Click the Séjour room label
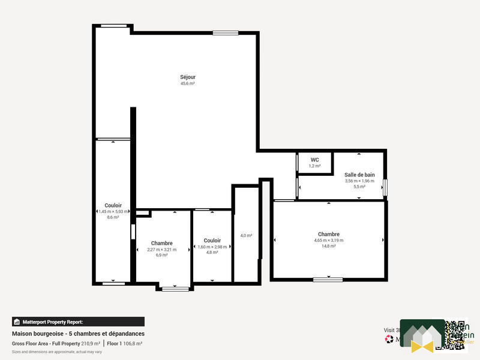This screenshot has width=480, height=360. (188, 77)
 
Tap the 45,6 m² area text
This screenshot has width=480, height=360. (188, 84)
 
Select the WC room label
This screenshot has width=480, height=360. (314, 160)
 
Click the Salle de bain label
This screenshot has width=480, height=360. (359, 175)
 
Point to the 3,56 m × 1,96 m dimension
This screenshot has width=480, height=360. (359, 181)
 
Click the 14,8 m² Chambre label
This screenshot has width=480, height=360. (329, 234)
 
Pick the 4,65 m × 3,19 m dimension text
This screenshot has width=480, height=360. (329, 241)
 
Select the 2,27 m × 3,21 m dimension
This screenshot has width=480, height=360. (162, 250)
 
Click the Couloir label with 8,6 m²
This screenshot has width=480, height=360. (113, 205)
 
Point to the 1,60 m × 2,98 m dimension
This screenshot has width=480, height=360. (212, 247)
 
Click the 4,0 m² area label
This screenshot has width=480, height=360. (246, 236)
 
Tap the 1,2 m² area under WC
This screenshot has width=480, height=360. (314, 166)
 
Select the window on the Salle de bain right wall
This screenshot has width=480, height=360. (385, 187)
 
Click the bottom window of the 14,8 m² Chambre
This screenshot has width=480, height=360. (328, 280)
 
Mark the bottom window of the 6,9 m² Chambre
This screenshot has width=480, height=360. (175, 289)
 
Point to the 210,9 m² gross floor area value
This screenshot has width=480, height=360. (91, 344)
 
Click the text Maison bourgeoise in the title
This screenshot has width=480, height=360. (35, 334)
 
